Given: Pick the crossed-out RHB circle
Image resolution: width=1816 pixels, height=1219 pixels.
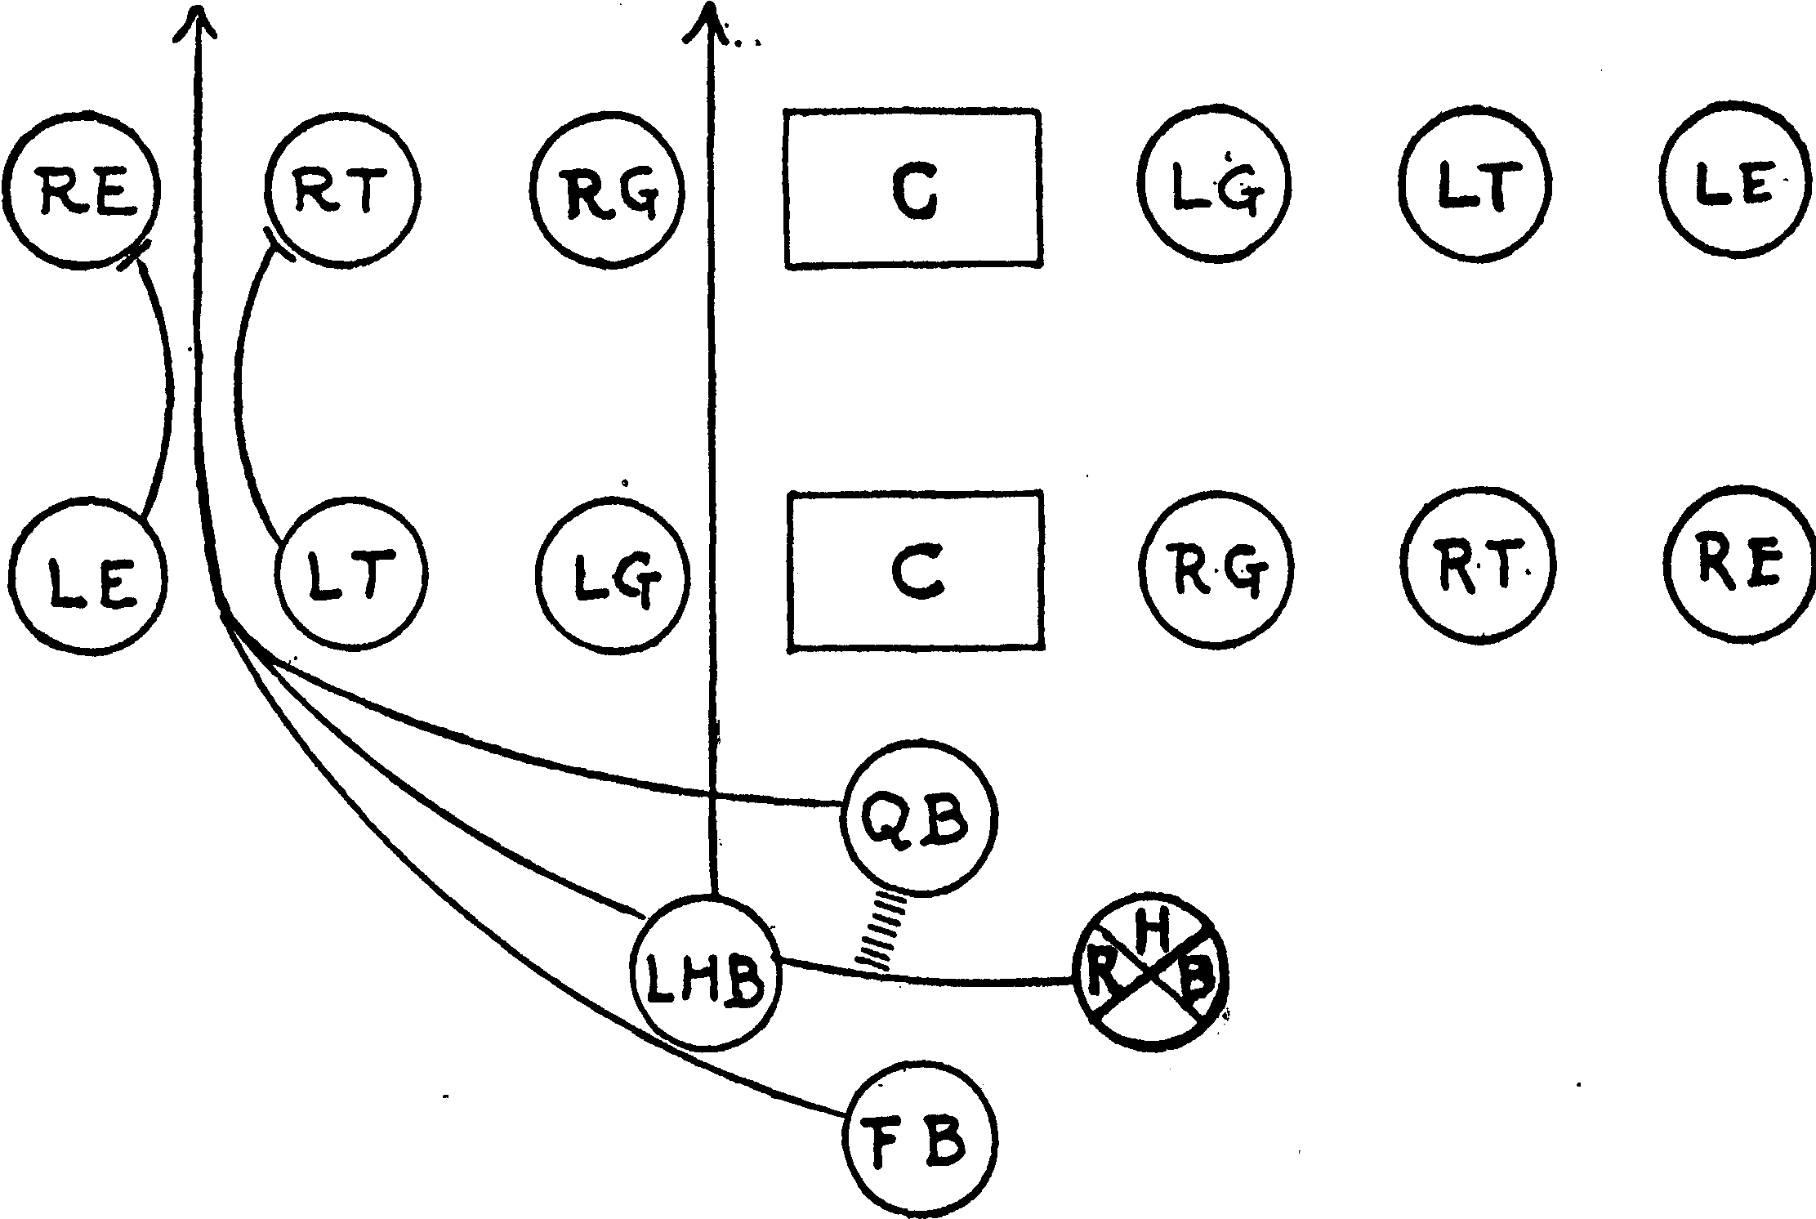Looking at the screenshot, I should pyautogui.click(x=1149, y=976).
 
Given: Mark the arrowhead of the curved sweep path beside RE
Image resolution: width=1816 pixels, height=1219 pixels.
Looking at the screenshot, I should pyautogui.click(x=196, y=20).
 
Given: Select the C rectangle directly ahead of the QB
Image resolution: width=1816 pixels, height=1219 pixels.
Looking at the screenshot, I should pyautogui.click(x=916, y=571).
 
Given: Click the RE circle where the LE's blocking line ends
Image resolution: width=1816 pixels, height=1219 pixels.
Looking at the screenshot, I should pyautogui.click(x=81, y=189).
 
